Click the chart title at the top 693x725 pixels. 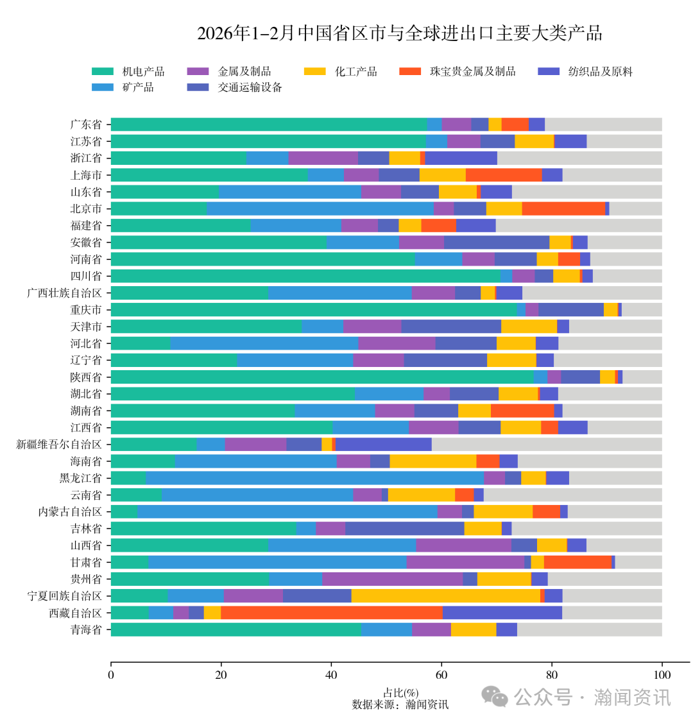[399, 33]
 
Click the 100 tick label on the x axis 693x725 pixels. [662, 674]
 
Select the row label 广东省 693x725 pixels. [86, 124]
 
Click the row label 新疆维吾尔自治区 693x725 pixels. [59, 444]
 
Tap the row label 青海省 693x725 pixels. [86, 629]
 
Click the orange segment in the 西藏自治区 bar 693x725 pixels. [331, 613]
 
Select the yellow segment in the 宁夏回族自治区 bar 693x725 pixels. [445, 596]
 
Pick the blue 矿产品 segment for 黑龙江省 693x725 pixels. [314, 478]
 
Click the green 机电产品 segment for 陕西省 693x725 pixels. [321, 377]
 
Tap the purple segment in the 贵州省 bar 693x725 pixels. [392, 579]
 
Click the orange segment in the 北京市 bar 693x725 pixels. [563, 209]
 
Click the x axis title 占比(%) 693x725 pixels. [400, 693]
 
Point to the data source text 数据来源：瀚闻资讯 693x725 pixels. [400, 704]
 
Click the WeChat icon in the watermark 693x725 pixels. [495, 696]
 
